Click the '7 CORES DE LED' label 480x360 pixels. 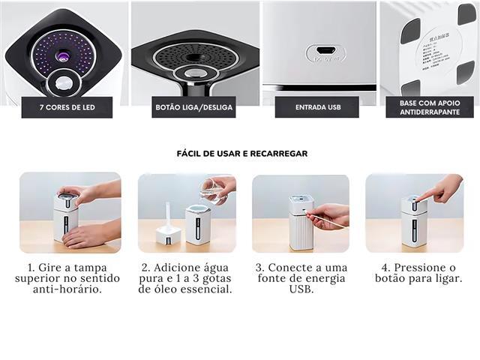coord(67,107)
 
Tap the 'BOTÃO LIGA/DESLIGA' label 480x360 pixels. coord(193,107)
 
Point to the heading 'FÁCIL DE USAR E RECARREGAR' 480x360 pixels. coord(241,153)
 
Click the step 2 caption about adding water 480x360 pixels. coord(187,277)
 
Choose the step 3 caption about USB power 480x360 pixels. coord(300,277)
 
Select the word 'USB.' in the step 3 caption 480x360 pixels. coord(300,289)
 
